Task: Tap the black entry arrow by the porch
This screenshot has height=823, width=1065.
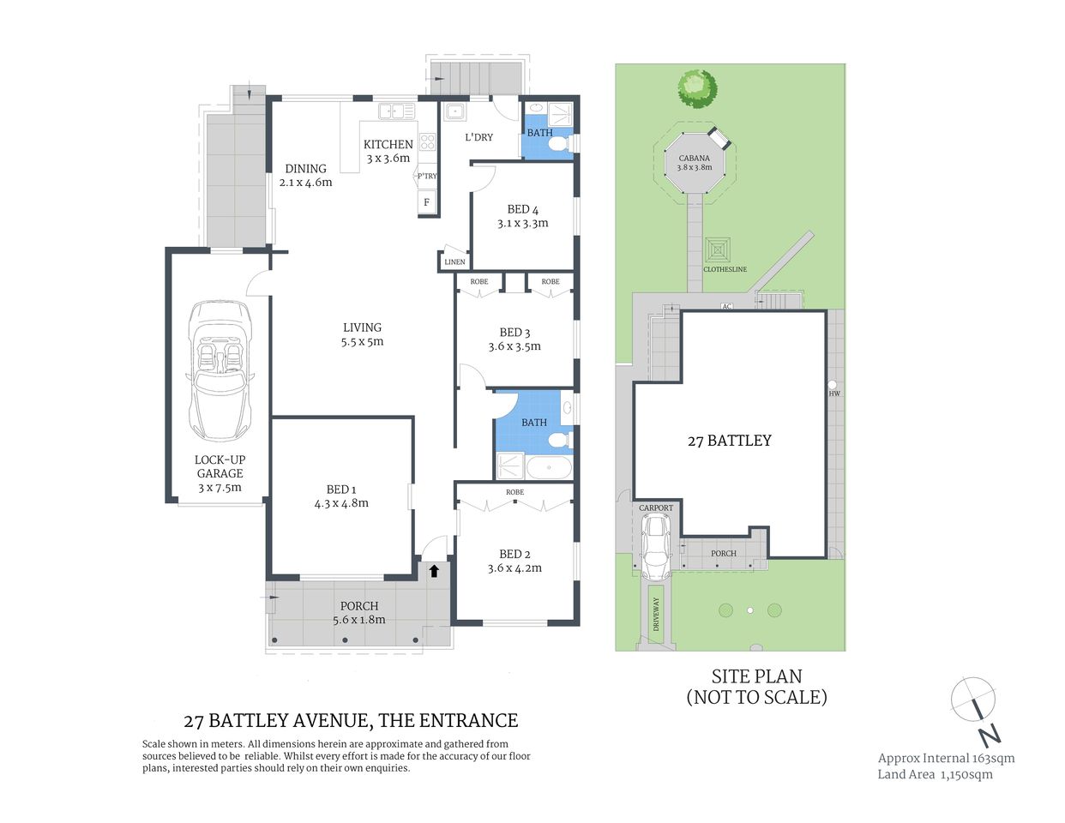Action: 434,569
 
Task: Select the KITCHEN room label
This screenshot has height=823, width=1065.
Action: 388,144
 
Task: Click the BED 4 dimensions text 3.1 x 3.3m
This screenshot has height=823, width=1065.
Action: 522,223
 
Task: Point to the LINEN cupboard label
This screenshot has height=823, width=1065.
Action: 454,262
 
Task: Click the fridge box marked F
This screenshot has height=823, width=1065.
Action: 426,203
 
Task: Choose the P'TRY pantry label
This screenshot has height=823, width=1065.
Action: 426,176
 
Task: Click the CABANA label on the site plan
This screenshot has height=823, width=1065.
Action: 694,158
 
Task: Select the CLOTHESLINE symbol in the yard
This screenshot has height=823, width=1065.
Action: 718,250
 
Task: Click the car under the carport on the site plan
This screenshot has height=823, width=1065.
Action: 656,547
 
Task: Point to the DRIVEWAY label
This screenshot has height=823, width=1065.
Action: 657,615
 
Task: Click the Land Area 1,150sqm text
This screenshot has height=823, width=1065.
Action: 935,774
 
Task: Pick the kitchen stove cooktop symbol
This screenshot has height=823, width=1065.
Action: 426,141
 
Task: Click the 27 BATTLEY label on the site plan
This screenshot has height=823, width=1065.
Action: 729,441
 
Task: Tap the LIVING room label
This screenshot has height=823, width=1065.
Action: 362,327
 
